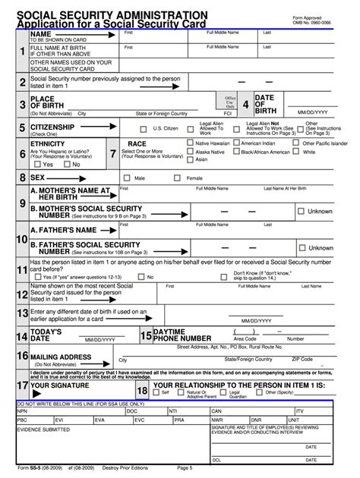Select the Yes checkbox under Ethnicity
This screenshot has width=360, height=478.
[37, 164]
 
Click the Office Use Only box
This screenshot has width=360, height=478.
[231, 102]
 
